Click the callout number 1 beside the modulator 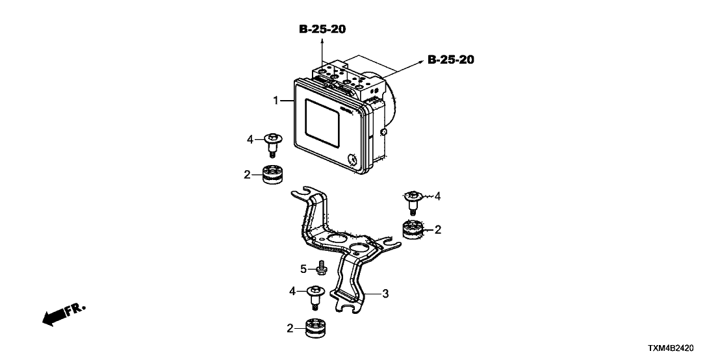tap(276, 101)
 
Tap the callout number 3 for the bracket tap(385, 294)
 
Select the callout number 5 tap(303, 268)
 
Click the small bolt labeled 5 tap(321, 267)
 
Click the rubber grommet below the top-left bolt tap(274, 175)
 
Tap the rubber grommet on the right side tap(413, 230)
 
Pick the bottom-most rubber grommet tap(318, 328)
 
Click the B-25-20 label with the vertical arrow tap(322, 29)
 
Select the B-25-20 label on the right tap(451, 60)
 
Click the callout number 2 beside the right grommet tap(438, 229)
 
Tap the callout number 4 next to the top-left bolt tap(250, 138)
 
